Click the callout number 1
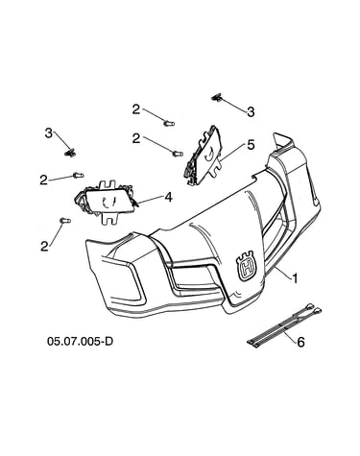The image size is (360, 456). [x=295, y=278]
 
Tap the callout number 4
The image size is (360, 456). [x=169, y=197]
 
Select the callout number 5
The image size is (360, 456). [x=251, y=145]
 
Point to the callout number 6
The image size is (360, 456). [x=300, y=343]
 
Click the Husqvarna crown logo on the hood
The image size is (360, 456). [x=247, y=265]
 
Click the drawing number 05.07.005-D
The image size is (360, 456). [x=80, y=341]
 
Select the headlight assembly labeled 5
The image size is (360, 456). [x=204, y=156]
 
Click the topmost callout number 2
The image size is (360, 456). [x=136, y=109]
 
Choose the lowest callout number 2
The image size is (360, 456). [x=44, y=246]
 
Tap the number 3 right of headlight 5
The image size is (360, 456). [x=251, y=112]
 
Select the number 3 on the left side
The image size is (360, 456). [x=48, y=133]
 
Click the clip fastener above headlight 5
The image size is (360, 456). [x=217, y=97]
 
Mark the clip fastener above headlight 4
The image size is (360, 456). [x=70, y=153]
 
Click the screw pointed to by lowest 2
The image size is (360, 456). [x=65, y=221]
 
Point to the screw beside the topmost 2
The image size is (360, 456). [x=169, y=123]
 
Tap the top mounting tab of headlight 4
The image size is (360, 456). [x=108, y=184]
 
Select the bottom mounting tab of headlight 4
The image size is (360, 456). [x=109, y=219]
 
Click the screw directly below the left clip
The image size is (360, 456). [x=78, y=175]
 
